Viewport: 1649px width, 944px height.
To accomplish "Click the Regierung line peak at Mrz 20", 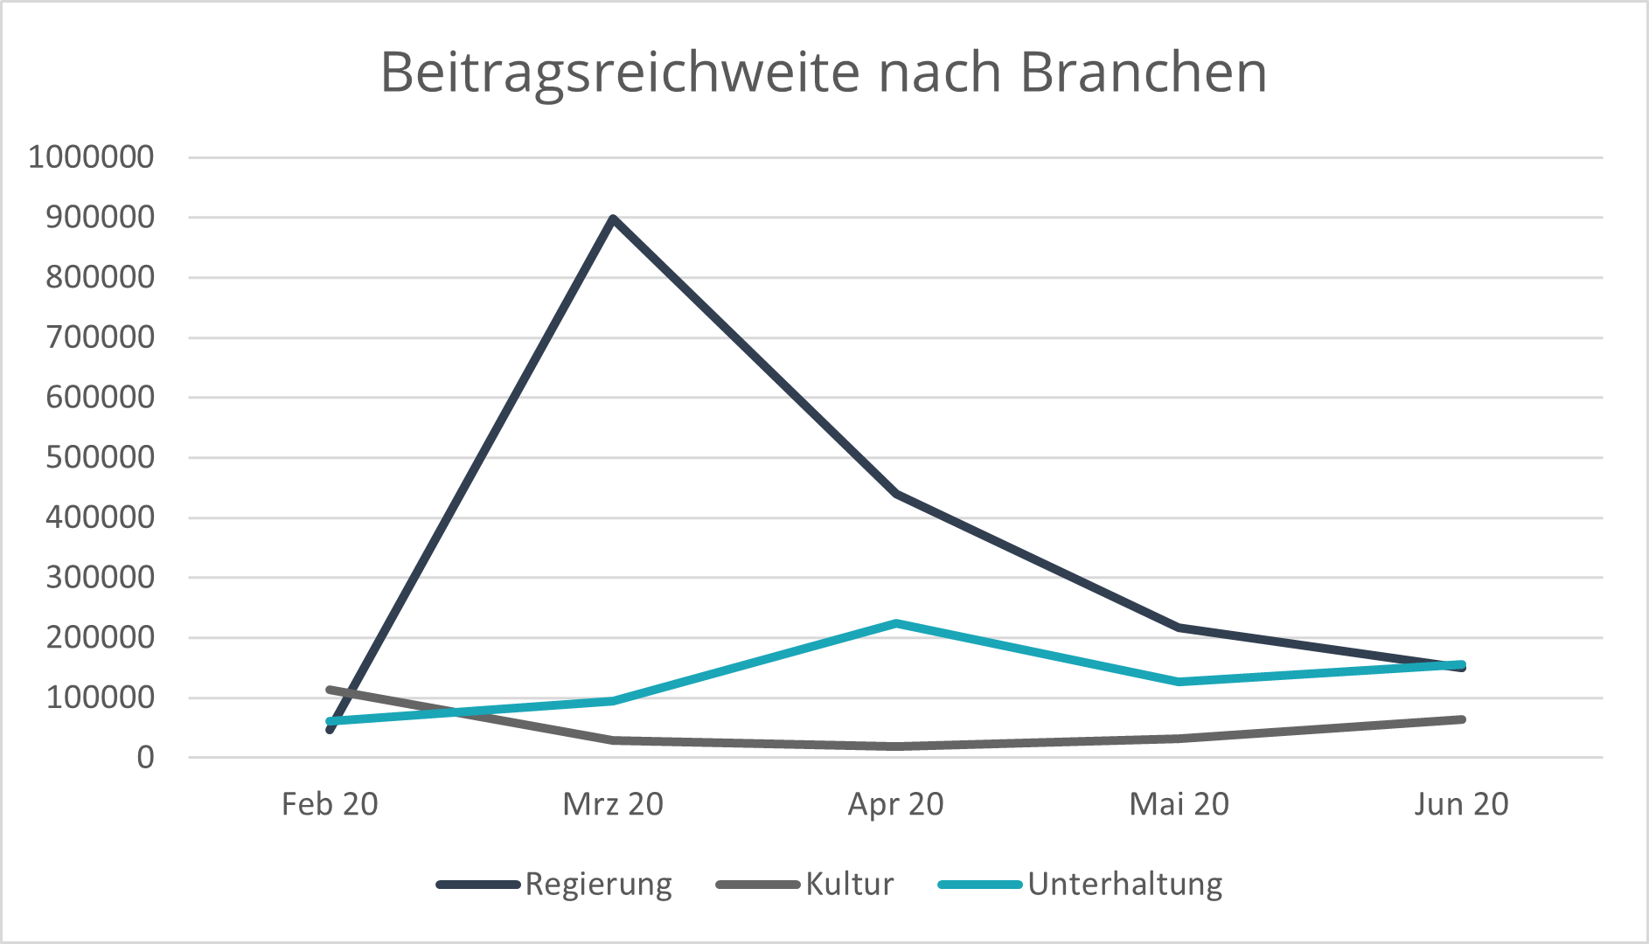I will (614, 219).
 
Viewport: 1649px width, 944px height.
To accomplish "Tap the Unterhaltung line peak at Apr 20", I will (896, 624).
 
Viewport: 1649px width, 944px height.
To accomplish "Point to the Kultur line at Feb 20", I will (330, 690).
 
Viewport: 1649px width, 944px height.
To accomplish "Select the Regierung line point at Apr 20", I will (896, 494).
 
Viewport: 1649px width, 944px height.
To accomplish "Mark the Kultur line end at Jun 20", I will (1462, 719).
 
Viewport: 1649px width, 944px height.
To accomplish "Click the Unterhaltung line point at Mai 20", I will (1179, 681).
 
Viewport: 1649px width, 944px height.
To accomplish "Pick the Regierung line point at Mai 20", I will (1179, 628).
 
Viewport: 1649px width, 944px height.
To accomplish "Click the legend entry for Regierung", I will (598, 885).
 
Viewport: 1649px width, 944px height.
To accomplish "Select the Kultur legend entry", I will (849, 885).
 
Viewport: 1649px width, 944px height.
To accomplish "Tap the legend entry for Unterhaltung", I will (1124, 885).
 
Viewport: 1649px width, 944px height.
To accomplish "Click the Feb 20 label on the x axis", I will (330, 804).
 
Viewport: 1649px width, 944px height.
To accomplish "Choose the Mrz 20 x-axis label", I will (613, 804).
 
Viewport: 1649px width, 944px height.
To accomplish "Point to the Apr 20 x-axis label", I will (896, 804).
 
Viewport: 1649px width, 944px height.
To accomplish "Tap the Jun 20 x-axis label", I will (1462, 804).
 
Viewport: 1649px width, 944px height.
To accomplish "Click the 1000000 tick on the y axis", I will (91, 157).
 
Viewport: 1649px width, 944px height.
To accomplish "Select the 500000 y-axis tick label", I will (100, 457).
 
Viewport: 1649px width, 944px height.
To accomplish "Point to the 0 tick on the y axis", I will (145, 758).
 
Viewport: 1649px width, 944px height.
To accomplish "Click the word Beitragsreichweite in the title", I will (620, 72).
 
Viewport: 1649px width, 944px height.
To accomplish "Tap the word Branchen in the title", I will (1144, 72).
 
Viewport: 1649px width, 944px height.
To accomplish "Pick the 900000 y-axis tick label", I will (100, 218).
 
